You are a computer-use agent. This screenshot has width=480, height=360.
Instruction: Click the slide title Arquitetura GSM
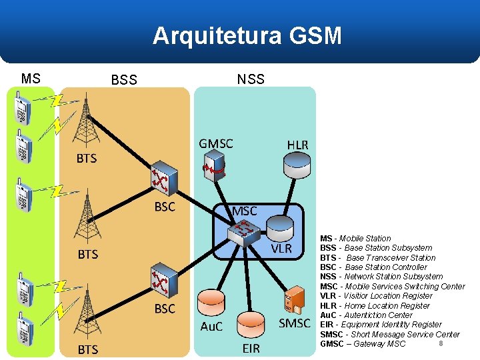tap(247, 35)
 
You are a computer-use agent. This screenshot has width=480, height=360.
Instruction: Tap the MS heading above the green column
tap(31, 79)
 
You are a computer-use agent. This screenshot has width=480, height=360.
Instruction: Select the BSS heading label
tap(124, 80)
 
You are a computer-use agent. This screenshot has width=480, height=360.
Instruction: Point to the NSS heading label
tap(251, 79)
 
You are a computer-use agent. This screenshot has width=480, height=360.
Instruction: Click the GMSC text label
tap(216, 143)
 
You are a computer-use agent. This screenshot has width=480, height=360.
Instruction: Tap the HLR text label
tap(297, 145)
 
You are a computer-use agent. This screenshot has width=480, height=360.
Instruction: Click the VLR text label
tap(281, 248)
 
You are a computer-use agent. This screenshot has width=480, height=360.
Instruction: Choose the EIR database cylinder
tap(251, 325)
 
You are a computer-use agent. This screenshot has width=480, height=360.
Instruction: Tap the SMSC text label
tap(294, 324)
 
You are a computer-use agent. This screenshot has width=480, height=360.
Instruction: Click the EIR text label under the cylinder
tap(251, 348)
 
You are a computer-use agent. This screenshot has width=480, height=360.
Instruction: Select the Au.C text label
tap(211, 327)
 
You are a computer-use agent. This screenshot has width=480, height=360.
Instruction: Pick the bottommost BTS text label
tap(87, 349)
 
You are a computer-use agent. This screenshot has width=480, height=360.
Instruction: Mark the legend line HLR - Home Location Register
tap(375, 305)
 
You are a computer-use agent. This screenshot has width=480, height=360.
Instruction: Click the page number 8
tap(441, 343)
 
